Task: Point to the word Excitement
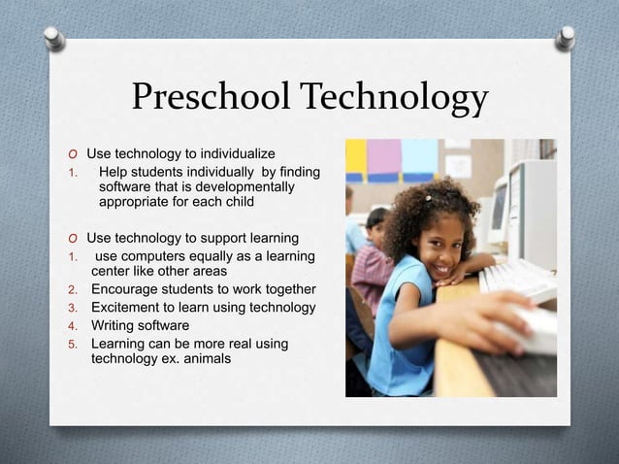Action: coord(127,308)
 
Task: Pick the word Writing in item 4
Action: coord(114,325)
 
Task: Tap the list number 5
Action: coord(71,344)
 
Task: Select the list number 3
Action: coord(71,308)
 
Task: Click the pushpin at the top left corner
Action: coord(54,37)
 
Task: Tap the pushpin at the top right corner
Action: coord(565,37)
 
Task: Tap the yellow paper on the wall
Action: coord(355,158)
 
